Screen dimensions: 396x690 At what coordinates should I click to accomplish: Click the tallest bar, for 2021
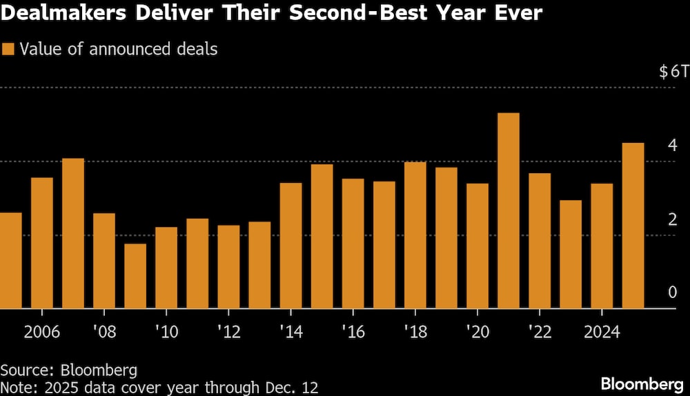509,210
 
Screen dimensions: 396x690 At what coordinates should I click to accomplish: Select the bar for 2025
633,226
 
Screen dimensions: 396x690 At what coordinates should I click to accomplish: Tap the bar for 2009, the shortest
135,276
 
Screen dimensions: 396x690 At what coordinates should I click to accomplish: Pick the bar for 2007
73,233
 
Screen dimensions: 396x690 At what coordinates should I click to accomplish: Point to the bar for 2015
322,236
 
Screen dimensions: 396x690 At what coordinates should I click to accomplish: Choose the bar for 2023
571,254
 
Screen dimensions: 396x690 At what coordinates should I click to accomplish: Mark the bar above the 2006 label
42,243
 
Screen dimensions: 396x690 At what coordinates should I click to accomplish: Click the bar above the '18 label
415,235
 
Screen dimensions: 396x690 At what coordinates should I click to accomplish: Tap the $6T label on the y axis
673,72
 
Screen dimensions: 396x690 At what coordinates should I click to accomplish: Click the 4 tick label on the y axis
672,146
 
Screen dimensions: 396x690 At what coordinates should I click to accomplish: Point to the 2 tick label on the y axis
672,220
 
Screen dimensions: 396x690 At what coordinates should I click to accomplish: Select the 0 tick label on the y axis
672,293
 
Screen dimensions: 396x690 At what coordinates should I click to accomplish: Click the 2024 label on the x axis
602,332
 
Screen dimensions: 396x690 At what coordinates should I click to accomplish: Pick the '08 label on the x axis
104,332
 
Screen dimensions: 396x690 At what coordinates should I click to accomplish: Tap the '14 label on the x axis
290,332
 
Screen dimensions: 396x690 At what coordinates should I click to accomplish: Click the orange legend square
9,49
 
